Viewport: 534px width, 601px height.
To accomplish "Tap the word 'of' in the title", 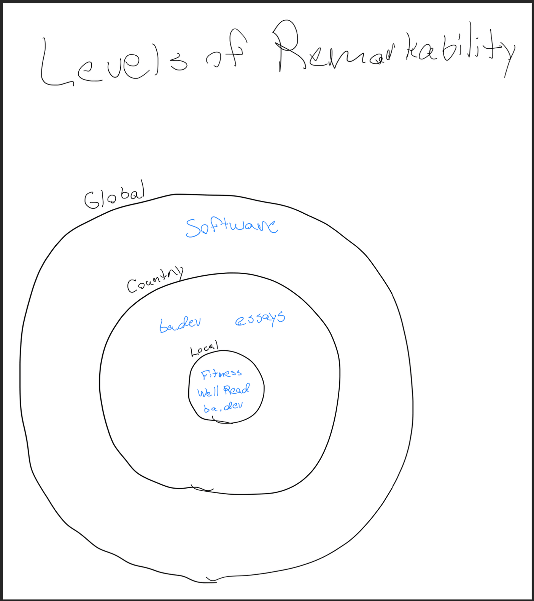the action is coord(227,51).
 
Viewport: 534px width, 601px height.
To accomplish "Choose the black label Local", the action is coord(204,348).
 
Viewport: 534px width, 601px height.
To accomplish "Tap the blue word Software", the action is coord(232,227).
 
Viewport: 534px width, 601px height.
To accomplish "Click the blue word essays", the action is coord(260,318).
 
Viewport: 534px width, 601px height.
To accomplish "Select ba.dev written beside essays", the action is coord(180,324).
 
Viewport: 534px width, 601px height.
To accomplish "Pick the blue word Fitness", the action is coord(221,374).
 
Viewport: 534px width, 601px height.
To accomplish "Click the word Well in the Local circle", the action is coord(208,392).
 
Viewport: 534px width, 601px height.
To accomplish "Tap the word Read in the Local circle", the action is coord(237,390).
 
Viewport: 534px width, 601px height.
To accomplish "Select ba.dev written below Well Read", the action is coord(223,407).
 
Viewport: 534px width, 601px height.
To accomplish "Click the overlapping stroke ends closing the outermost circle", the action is coord(211,580).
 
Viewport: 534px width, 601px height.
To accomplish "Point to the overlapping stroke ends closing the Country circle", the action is coord(202,488).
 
